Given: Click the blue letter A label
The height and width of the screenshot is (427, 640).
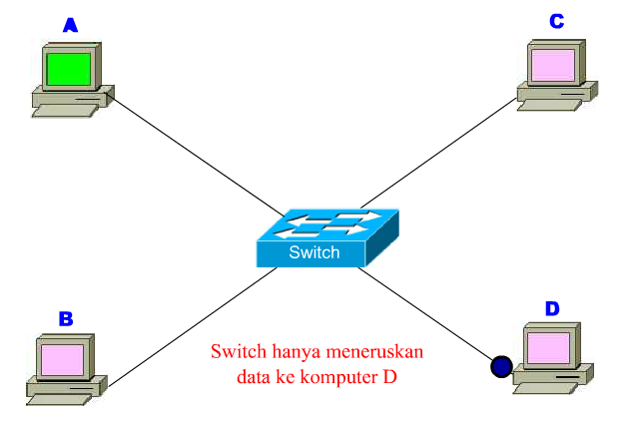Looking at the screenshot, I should coord(70,25).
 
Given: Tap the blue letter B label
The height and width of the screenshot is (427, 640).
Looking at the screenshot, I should coord(66,319).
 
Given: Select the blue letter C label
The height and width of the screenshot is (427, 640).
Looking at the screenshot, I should coord(557,20).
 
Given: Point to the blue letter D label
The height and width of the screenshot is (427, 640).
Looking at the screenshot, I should coord(551,308).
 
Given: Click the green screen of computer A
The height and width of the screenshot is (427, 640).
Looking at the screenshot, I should coord(68,69).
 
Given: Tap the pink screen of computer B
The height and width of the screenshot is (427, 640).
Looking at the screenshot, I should coord(63,356).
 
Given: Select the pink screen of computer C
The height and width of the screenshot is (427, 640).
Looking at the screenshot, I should coord(552,65).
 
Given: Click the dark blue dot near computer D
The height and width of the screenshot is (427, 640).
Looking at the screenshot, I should coord(500,367).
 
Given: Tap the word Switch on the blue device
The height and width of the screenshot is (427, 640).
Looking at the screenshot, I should coord(314,252).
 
